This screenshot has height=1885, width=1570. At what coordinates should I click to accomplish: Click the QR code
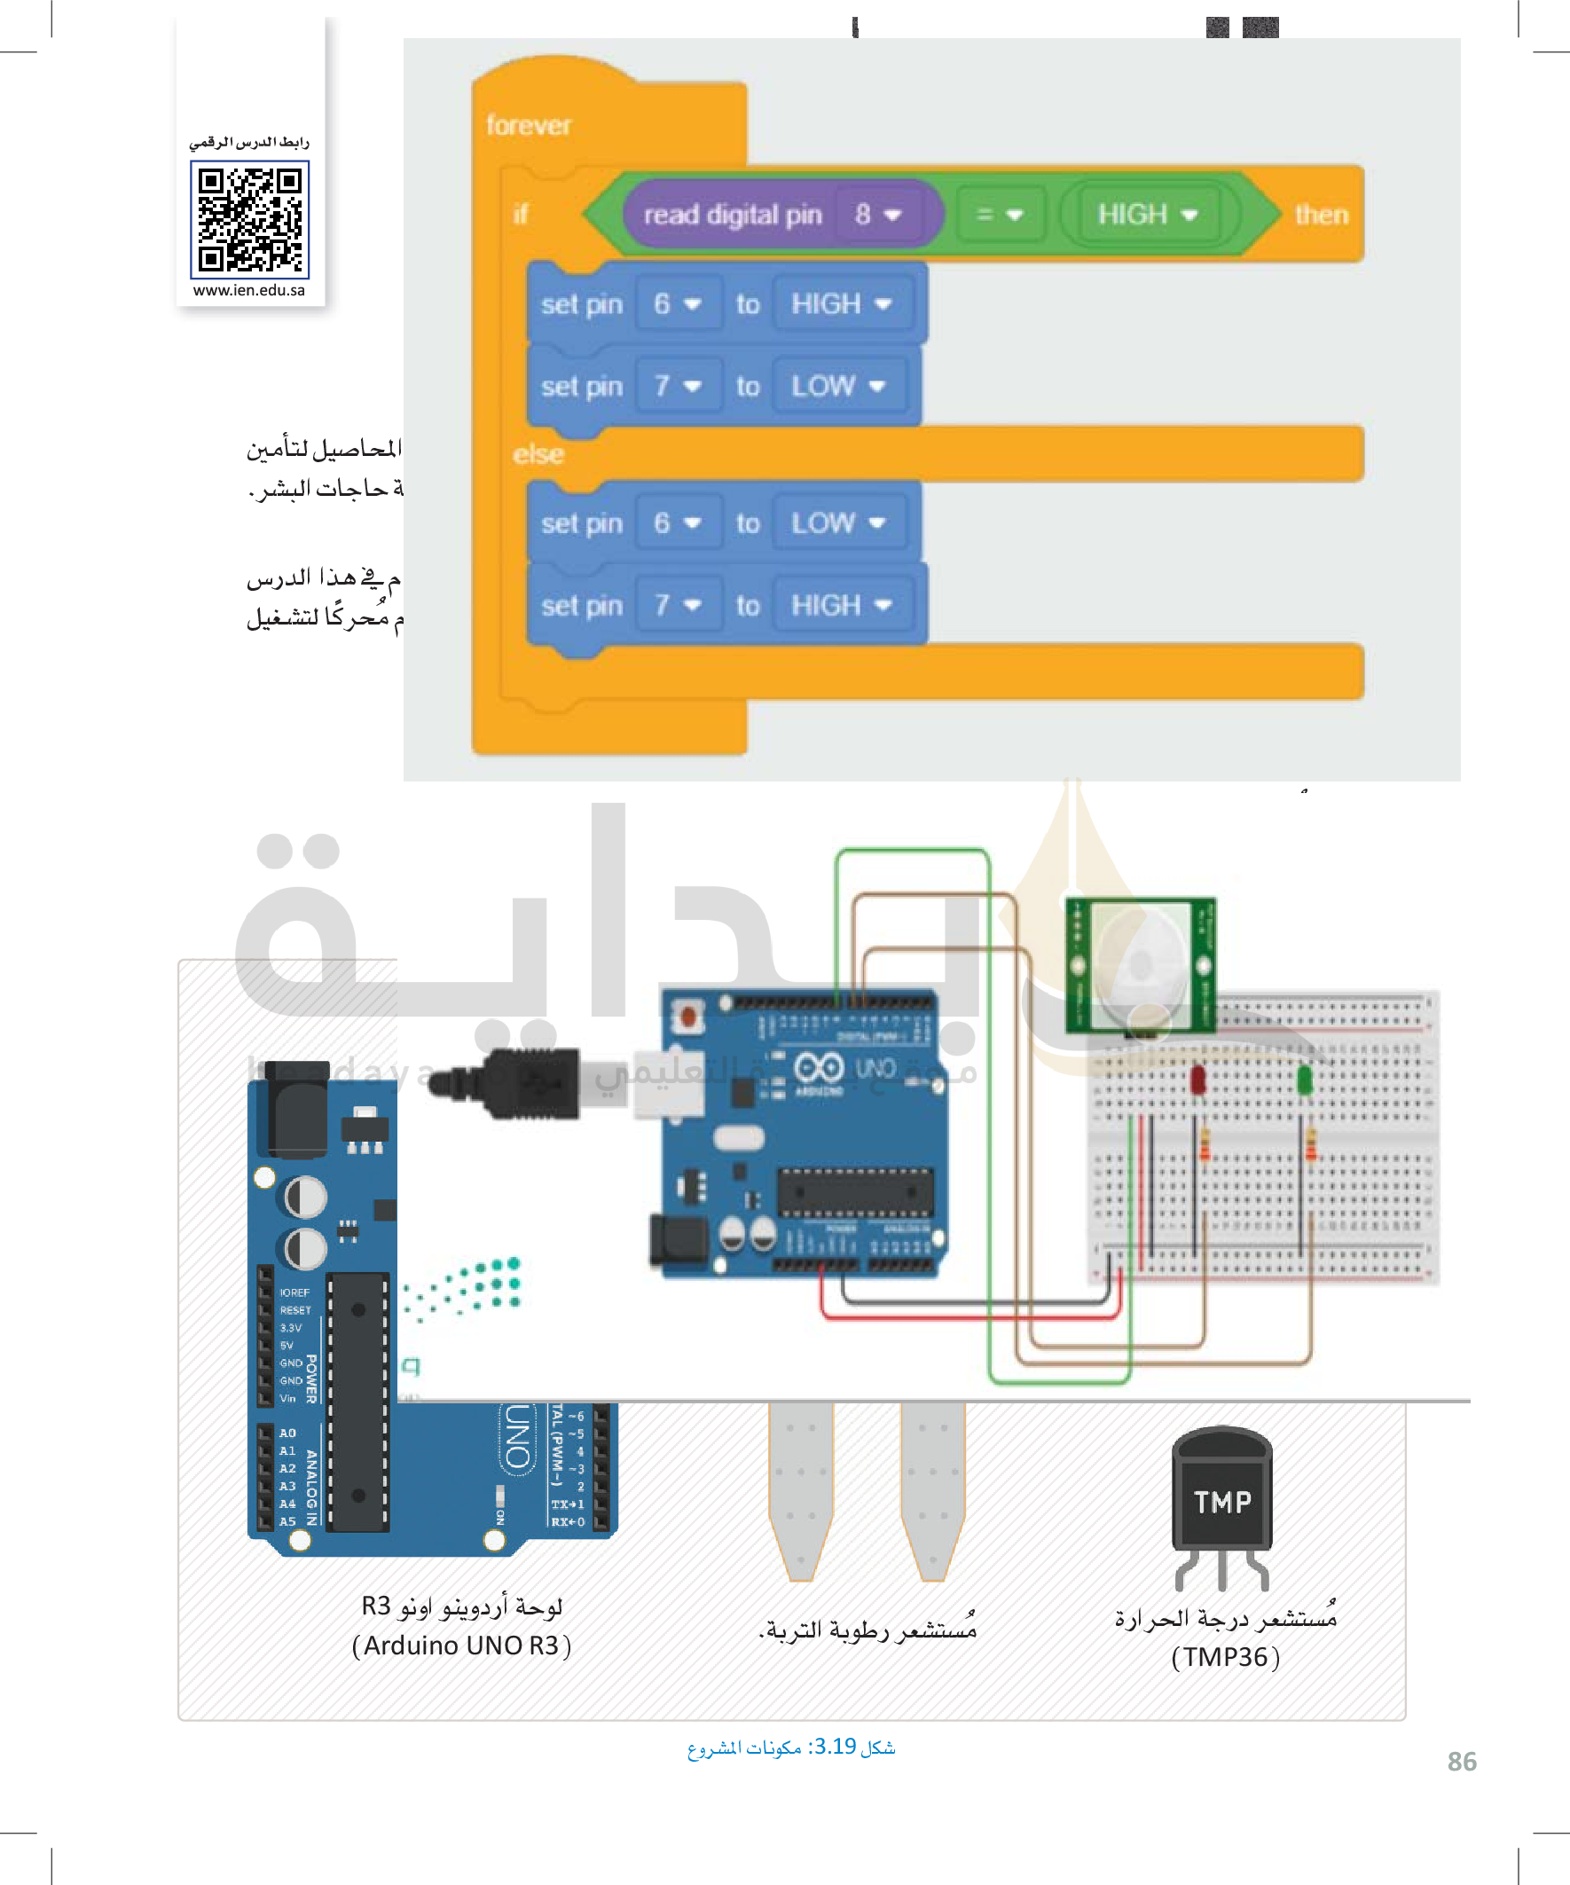pyautogui.click(x=249, y=219)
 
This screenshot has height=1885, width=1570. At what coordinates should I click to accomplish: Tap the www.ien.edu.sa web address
pyautogui.click(x=248, y=291)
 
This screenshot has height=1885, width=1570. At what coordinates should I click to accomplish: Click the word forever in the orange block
pyautogui.click(x=528, y=126)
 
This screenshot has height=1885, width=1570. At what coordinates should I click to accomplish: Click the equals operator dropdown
pyautogui.click(x=999, y=215)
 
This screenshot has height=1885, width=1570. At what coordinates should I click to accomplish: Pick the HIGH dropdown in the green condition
pyautogui.click(x=1147, y=215)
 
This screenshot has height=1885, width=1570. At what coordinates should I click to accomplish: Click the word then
pyautogui.click(x=1321, y=215)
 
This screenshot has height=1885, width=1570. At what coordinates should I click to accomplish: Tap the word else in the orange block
pyautogui.click(x=538, y=454)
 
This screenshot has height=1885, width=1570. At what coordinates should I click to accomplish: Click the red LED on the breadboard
pyautogui.click(x=1197, y=1078)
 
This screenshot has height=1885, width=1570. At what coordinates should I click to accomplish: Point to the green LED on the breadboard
pyautogui.click(x=1304, y=1078)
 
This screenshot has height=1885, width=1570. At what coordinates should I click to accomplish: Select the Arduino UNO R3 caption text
pyautogui.click(x=461, y=1645)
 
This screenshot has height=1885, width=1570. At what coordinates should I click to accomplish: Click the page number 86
pyautogui.click(x=1462, y=1761)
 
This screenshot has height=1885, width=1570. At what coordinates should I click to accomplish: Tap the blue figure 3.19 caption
pyautogui.click(x=791, y=1747)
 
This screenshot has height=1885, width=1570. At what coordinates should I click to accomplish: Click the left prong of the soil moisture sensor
pyautogui.click(x=801, y=1490)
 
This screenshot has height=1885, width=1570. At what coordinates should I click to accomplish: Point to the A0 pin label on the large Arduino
pyautogui.click(x=287, y=1433)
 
